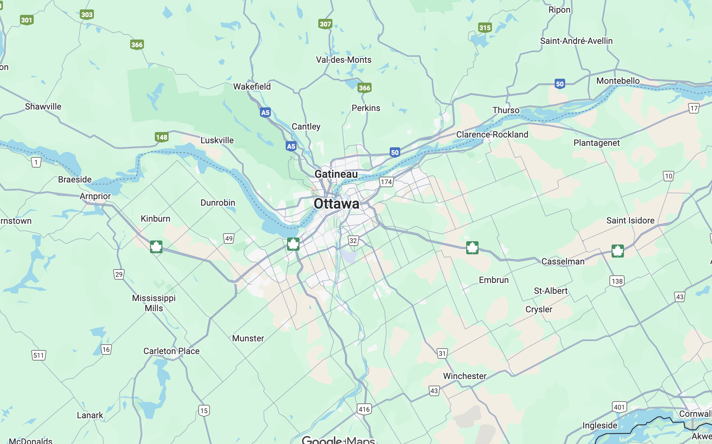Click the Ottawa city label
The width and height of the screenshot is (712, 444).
[x=336, y=203]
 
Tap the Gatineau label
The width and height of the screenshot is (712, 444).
[x=336, y=174]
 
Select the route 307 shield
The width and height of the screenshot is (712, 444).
[x=325, y=24]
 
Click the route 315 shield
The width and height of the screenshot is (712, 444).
[x=485, y=28]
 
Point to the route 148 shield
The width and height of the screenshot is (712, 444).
[x=161, y=137]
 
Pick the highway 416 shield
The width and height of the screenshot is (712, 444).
[x=364, y=409]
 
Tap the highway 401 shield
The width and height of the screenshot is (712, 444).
[x=619, y=407]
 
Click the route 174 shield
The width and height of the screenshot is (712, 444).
[x=386, y=182]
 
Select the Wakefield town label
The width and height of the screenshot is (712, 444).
[x=252, y=86]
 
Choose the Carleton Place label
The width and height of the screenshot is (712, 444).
[x=171, y=351]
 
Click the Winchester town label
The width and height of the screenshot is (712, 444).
[x=465, y=376]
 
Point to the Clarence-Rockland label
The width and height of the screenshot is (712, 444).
[x=492, y=134]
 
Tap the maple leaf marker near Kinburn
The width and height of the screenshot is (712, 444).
[x=156, y=247]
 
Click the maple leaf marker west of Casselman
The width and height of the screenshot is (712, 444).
[x=472, y=248]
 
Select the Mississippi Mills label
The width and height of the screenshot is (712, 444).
[x=154, y=303]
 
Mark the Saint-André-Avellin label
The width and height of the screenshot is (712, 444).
[x=576, y=41]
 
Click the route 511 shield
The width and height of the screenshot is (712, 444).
[x=39, y=355]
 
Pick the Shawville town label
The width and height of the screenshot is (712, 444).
[x=43, y=106]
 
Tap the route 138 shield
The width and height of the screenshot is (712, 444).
[x=617, y=281]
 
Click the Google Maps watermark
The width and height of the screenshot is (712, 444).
[x=338, y=440]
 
